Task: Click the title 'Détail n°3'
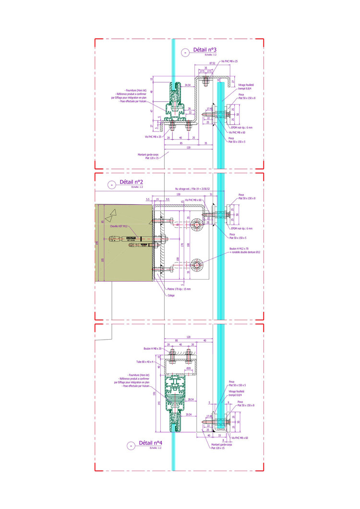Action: click(x=204, y=50)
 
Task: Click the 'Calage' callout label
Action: click(x=171, y=295)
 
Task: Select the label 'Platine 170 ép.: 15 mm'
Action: click(x=179, y=289)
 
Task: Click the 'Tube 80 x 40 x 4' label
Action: click(x=144, y=361)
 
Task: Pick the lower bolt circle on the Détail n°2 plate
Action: click(x=196, y=265)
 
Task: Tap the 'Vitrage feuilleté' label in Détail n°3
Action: click(x=246, y=85)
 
